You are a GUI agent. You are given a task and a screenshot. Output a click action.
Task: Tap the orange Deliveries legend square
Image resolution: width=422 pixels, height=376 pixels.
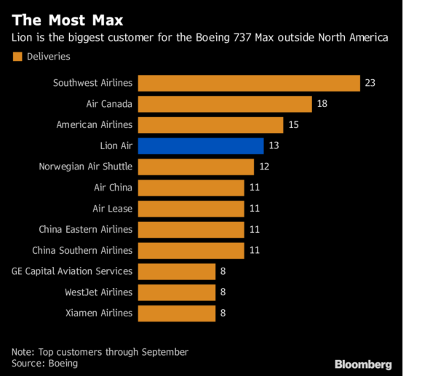pyautogui.click(x=17, y=56)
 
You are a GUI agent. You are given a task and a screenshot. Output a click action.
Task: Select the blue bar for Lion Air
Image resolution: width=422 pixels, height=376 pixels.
pyautogui.click(x=200, y=145)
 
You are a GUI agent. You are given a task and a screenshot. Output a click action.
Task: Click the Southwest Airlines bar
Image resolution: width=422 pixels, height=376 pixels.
pyautogui.click(x=249, y=83)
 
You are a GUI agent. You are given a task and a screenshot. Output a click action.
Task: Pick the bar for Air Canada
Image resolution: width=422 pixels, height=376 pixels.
pyautogui.click(x=224, y=104)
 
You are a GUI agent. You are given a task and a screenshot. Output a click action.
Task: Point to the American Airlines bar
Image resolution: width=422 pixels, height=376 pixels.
pyautogui.click(x=210, y=125)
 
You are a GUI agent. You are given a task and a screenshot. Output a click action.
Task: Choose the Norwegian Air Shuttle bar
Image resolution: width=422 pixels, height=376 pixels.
pyautogui.click(x=196, y=167)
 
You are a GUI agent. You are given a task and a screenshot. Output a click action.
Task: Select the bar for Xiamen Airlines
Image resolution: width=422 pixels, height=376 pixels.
pyautogui.click(x=176, y=313)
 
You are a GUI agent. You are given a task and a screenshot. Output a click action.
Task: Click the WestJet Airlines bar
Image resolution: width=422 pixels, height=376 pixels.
pyautogui.click(x=176, y=292)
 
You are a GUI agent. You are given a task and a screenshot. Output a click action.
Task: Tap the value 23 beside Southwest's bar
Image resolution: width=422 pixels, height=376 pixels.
pyautogui.click(x=370, y=83)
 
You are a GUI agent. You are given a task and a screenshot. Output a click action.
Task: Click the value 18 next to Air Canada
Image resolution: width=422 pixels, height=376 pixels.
pyautogui.click(x=322, y=104)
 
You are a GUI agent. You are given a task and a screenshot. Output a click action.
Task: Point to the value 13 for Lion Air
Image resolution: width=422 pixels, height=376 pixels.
pyautogui.click(x=274, y=145)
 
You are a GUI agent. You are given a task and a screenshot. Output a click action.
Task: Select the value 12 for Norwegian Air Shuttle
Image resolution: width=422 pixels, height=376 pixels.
pyautogui.click(x=263, y=167)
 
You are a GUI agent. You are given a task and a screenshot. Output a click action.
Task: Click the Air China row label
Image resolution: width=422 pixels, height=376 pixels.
pyautogui.click(x=113, y=188)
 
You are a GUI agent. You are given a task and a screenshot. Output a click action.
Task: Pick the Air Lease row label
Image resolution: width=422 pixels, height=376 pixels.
pyautogui.click(x=113, y=209)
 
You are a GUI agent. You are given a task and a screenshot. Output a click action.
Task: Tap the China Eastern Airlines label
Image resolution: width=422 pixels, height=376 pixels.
pyautogui.click(x=86, y=230)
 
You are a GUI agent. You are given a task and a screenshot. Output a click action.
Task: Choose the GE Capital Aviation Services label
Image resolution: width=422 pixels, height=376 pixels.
pyautogui.click(x=72, y=271)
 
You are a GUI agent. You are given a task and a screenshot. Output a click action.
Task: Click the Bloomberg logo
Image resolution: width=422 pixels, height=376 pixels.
pyautogui.click(x=363, y=364)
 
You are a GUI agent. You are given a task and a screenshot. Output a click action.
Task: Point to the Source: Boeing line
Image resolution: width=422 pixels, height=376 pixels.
pyautogui.click(x=44, y=363)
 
